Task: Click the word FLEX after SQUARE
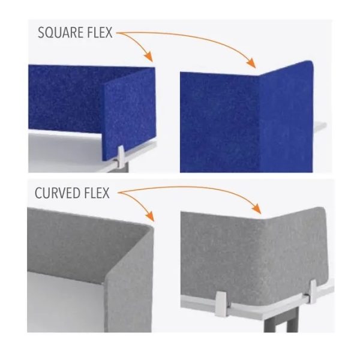click(x=100, y=32)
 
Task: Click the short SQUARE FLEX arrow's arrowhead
click(x=149, y=58)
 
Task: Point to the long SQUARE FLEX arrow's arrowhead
click(x=252, y=64)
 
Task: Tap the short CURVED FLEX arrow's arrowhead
click(x=150, y=219)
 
